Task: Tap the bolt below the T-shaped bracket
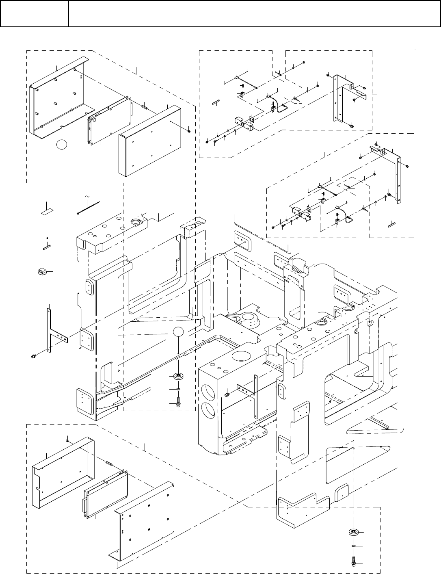(x=32, y=356)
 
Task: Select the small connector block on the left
(x=41, y=271)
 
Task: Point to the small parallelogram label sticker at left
(x=46, y=211)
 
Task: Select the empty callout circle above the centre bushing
(x=179, y=331)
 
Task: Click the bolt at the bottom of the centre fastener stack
(x=178, y=403)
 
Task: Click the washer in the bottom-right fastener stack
(x=354, y=547)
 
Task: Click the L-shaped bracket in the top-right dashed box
(x=341, y=97)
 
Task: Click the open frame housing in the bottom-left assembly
(x=61, y=471)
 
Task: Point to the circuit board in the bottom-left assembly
(x=106, y=494)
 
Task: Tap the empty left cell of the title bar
(x=35, y=14)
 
